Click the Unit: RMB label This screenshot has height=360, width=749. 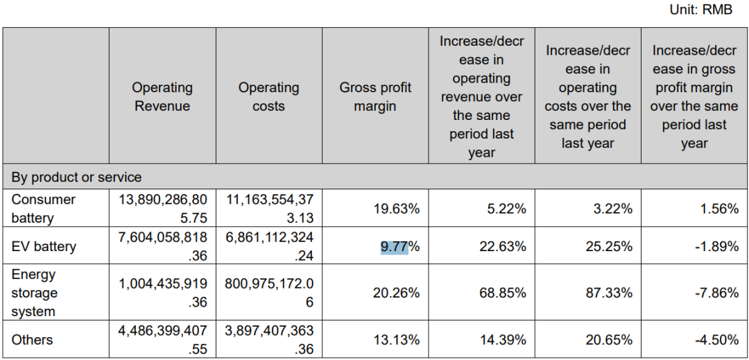coord(700,10)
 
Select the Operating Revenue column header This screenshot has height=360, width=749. coord(162,96)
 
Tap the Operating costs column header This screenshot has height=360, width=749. coord(268,96)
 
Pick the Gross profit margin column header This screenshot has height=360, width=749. coord(375,96)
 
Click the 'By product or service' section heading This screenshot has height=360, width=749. coord(76,177)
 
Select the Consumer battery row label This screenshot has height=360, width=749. coord(43,208)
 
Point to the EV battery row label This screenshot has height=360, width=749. coord(44,246)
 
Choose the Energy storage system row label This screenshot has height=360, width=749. coord(34,293)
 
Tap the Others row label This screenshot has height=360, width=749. coord(32,340)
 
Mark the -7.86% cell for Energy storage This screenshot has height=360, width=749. coord(716,293)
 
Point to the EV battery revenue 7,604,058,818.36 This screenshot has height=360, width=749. coord(162,246)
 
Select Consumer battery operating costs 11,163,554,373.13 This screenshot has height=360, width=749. coord(268,208)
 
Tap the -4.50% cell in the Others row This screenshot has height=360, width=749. coord(716,340)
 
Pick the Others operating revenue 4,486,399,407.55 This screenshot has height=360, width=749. coord(162,340)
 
